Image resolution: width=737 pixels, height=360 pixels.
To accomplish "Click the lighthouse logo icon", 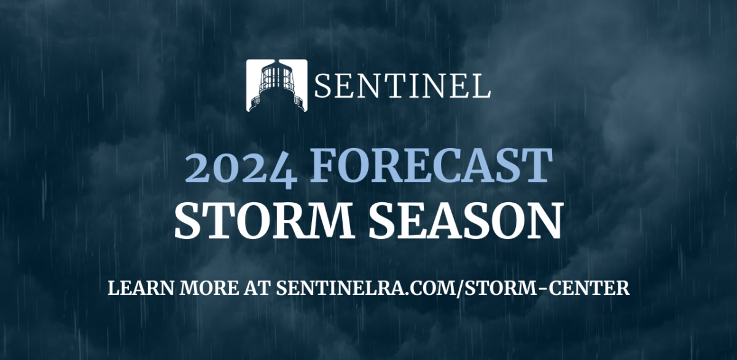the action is (277, 85).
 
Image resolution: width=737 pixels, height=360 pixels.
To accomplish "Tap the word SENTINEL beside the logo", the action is (402, 86).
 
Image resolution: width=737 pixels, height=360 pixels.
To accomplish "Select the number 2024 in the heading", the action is (241, 169).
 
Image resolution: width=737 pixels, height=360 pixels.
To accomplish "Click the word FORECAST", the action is (431, 165).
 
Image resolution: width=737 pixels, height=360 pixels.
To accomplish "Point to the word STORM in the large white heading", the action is (264, 221).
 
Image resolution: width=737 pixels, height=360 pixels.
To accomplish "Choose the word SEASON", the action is (465, 221).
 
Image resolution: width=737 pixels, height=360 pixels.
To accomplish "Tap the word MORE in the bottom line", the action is (209, 288).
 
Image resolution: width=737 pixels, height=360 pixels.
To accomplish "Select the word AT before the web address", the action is (257, 288).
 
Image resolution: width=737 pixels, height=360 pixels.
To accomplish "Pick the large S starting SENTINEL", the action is (324, 86).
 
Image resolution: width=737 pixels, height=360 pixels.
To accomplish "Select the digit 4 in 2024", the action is (283, 171).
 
